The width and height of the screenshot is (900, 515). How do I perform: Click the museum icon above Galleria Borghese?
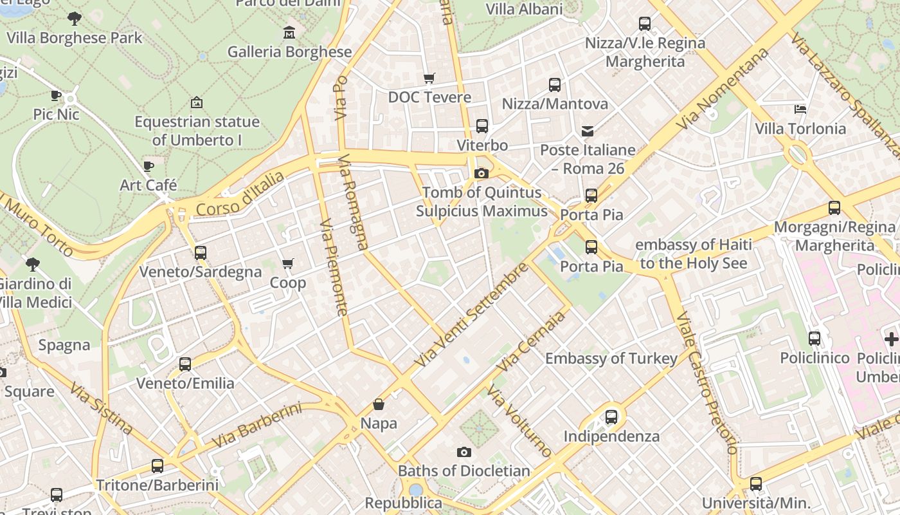[289, 32]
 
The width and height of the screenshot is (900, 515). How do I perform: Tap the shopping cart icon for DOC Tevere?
[429, 79]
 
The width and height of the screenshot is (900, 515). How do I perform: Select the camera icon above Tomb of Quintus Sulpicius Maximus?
[481, 173]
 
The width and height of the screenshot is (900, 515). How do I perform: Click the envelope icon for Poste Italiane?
[588, 131]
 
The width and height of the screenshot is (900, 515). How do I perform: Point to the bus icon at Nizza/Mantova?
[554, 85]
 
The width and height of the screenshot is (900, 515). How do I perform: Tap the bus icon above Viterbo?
[482, 126]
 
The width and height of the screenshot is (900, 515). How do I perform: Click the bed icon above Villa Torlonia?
[800, 109]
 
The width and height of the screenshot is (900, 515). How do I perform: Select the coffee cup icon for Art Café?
[148, 167]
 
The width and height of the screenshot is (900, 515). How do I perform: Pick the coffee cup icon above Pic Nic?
[56, 96]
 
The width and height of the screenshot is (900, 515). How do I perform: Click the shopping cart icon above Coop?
[287, 264]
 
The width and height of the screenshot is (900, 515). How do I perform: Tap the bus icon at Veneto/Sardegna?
[201, 253]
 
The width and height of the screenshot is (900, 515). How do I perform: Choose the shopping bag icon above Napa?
[379, 404]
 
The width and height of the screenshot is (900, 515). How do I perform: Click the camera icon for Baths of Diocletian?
[464, 452]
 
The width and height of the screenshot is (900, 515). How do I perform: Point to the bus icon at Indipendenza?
[611, 417]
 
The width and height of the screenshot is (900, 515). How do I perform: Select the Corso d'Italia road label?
[240, 194]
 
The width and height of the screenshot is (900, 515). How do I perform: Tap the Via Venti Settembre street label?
[471, 315]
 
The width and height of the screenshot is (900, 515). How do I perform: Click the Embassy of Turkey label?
[611, 359]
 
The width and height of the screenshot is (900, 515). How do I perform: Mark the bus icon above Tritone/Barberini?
[157, 466]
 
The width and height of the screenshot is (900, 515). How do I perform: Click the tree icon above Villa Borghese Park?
[75, 18]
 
